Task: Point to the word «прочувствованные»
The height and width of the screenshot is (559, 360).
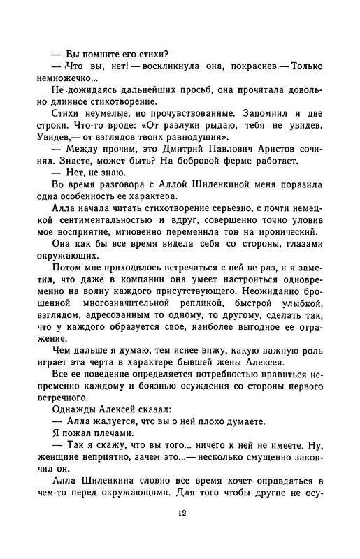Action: click(x=189, y=132)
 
